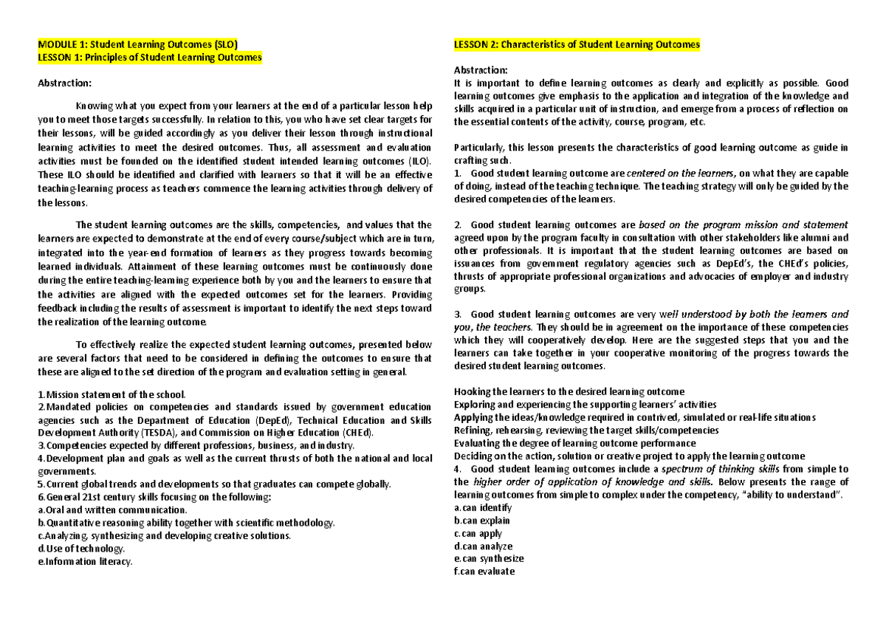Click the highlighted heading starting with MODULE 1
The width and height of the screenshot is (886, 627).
[x=137, y=44]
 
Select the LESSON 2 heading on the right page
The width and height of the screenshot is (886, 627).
[x=577, y=44]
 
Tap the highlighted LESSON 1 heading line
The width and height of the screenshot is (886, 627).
[x=149, y=57]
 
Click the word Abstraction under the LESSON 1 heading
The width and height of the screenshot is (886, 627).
[x=65, y=83]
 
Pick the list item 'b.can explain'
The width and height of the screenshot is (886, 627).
[x=482, y=521]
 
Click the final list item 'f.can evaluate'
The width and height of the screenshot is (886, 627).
[x=484, y=572]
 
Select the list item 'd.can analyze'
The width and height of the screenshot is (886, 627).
[x=484, y=546]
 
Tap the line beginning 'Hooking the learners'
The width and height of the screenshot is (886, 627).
[x=569, y=391]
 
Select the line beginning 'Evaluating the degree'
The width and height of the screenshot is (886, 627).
[x=574, y=443]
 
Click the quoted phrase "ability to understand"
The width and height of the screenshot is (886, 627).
[x=795, y=495]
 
